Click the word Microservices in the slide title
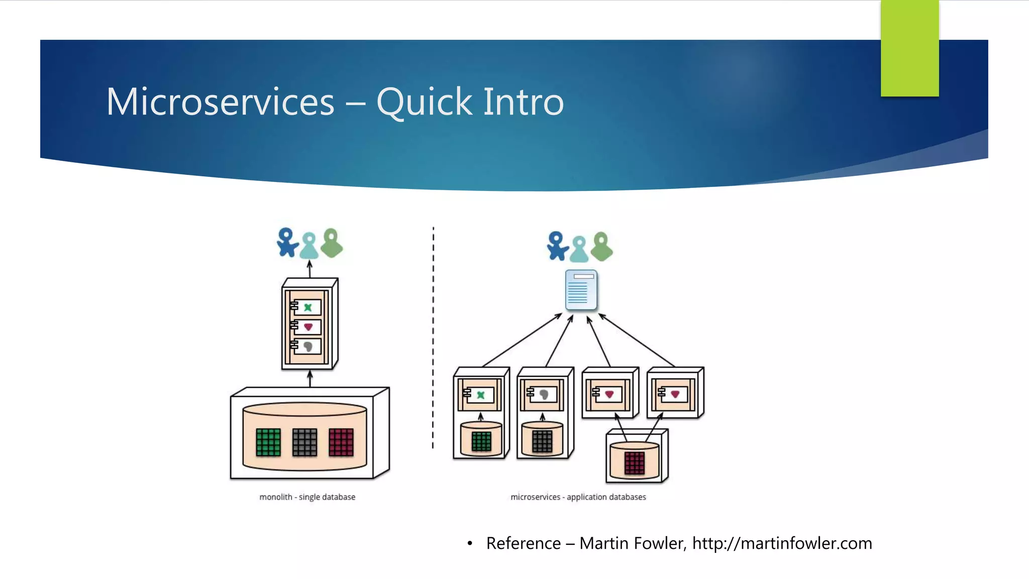(220, 102)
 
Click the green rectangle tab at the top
(909, 48)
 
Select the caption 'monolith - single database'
(307, 497)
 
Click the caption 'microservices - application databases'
(578, 497)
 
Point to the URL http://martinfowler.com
(782, 543)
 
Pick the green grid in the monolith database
(268, 442)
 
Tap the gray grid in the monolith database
(304, 442)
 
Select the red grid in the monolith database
(341, 442)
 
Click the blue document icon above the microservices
(581, 290)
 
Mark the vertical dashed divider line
(433, 337)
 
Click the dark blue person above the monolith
(287, 242)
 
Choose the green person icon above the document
(601, 246)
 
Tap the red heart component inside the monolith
(308, 327)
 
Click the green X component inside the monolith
(307, 307)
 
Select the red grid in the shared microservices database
(634, 463)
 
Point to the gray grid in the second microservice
(542, 442)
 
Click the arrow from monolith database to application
(310, 378)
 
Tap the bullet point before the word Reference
(470, 543)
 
